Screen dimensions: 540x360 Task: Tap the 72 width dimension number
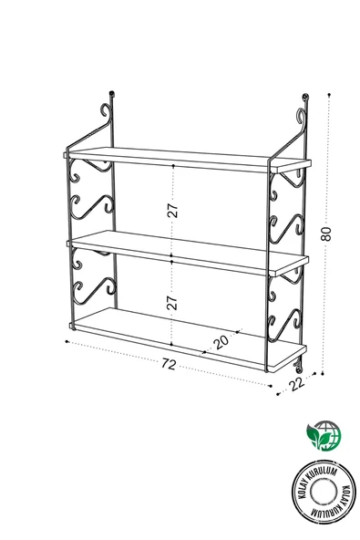[x=168, y=365]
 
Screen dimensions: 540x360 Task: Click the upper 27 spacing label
[x=172, y=209]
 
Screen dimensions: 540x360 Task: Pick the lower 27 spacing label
[x=172, y=302]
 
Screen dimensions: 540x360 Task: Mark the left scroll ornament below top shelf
[x=91, y=192]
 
